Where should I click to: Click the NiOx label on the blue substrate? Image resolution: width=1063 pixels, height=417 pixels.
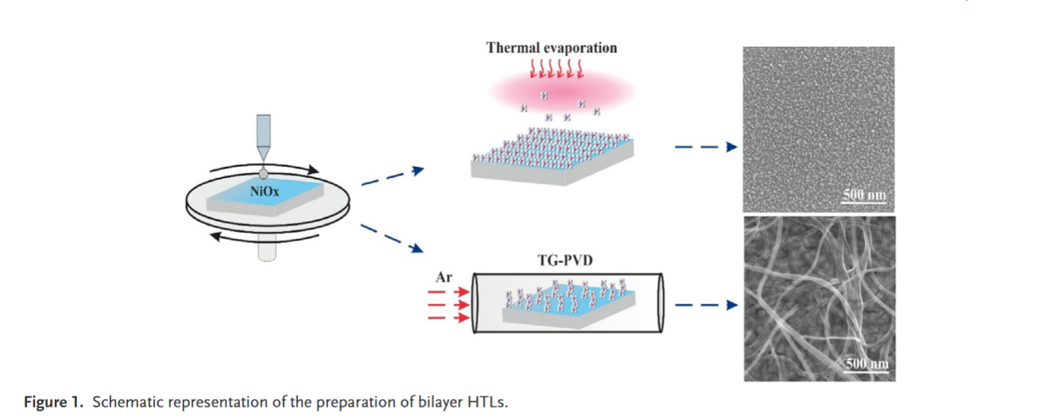point(265,191)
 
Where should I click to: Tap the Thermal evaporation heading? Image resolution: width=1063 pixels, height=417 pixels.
point(551,48)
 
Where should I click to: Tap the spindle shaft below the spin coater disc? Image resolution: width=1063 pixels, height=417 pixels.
point(265,250)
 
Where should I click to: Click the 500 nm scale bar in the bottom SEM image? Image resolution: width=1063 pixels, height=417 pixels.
point(863,364)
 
